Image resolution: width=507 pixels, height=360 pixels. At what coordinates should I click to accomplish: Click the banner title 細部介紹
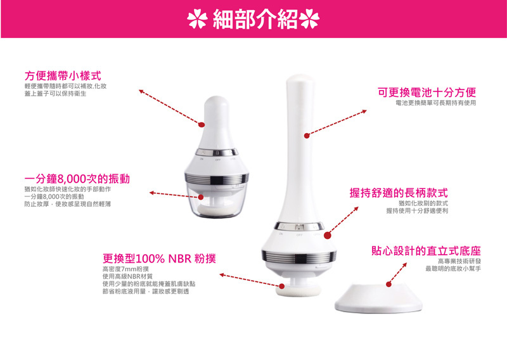pyautogui.click(x=255, y=19)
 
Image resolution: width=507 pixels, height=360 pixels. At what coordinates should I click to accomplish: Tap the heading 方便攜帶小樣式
pyautogui.click(x=63, y=76)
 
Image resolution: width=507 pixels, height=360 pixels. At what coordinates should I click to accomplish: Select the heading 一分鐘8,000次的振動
pyautogui.click(x=77, y=179)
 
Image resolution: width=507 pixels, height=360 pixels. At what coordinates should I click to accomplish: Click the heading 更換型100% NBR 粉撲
pyautogui.click(x=159, y=259)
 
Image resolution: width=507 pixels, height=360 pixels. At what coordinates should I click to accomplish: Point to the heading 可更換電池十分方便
pyautogui.click(x=427, y=92)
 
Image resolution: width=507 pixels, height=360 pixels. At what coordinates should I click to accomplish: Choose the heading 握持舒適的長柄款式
pyautogui.click(x=399, y=193)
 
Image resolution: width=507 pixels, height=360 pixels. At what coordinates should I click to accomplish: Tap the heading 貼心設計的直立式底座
pyautogui.click(x=426, y=251)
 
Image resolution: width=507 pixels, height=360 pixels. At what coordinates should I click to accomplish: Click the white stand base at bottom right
pyautogui.click(x=378, y=299)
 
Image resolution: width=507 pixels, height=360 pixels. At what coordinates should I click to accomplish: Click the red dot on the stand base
pyautogui.click(x=389, y=285)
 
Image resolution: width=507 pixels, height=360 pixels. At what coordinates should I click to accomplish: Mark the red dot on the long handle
pyautogui.click(x=307, y=136)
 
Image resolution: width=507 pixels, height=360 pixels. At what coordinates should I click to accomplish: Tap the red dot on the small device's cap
pyautogui.click(x=201, y=124)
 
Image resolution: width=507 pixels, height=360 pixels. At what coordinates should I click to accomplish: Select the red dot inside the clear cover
pyautogui.click(x=201, y=197)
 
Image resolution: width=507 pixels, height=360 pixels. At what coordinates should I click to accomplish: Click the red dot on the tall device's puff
pyautogui.click(x=282, y=286)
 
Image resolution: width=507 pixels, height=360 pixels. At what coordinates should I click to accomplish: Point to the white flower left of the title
pyautogui.click(x=197, y=19)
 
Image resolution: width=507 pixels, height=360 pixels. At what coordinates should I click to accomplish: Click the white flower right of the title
pyautogui.click(x=309, y=19)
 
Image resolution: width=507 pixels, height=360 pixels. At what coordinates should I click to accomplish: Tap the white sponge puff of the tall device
pyautogui.click(x=298, y=290)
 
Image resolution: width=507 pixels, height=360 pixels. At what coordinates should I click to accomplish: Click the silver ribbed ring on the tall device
pyautogui.click(x=298, y=257)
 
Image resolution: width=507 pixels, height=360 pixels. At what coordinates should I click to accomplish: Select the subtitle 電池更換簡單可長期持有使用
pyautogui.click(x=436, y=103)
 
